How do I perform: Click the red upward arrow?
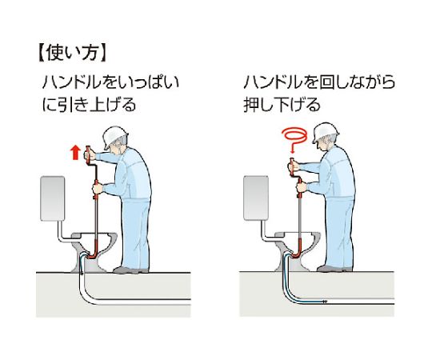tap(75, 153)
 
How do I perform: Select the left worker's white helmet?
tap(114, 137)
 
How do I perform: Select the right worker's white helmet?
tap(325, 133)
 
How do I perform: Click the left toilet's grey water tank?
tap(52, 198)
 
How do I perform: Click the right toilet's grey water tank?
tap(256, 198)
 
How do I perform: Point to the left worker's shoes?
tap(130, 270)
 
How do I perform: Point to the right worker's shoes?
tap(334, 268)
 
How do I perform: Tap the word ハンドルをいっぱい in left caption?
tap(110, 82)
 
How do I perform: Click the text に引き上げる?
tap(90, 104)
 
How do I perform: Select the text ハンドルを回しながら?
tap(319, 82)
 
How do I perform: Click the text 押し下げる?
tap(282, 104)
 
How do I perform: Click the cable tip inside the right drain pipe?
tap(325, 302)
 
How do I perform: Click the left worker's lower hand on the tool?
tap(98, 189)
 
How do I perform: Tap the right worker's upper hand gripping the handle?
tap(294, 166)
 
